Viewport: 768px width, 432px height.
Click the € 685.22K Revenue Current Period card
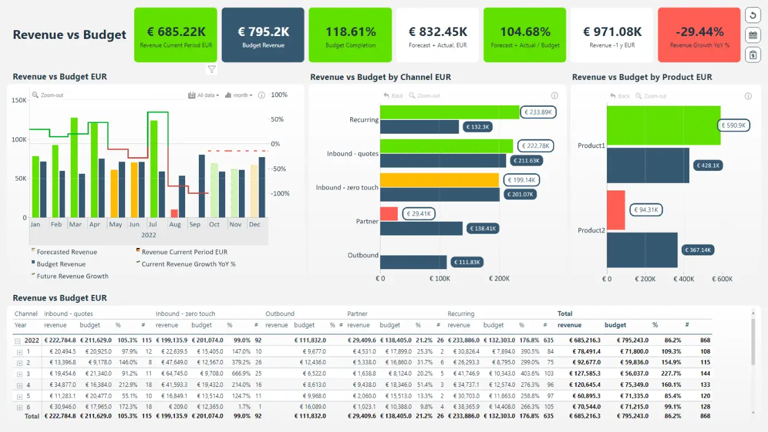tap(175, 35)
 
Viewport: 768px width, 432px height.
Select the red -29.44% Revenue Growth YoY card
tap(699, 35)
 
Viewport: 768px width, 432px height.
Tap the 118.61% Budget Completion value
tap(350, 32)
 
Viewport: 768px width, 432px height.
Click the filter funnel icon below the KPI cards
tap(211, 69)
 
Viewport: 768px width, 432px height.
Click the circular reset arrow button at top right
tap(753, 16)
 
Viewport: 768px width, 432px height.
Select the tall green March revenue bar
tap(74, 167)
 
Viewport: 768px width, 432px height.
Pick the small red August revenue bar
tap(174, 213)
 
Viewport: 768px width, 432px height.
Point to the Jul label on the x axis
tap(153, 225)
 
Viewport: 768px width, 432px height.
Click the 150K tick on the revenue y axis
tap(19, 100)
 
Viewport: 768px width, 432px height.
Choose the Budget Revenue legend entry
tap(61, 264)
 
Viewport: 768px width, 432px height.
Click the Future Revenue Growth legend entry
tap(72, 276)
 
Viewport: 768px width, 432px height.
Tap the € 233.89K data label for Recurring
tap(538, 112)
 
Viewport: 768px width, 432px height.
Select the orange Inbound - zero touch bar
tap(439, 180)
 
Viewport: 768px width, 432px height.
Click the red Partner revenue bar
tap(389, 214)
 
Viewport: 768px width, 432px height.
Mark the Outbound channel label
tap(363, 255)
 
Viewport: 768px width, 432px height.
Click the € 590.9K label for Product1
tap(733, 125)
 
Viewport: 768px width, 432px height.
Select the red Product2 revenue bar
tap(615, 210)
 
